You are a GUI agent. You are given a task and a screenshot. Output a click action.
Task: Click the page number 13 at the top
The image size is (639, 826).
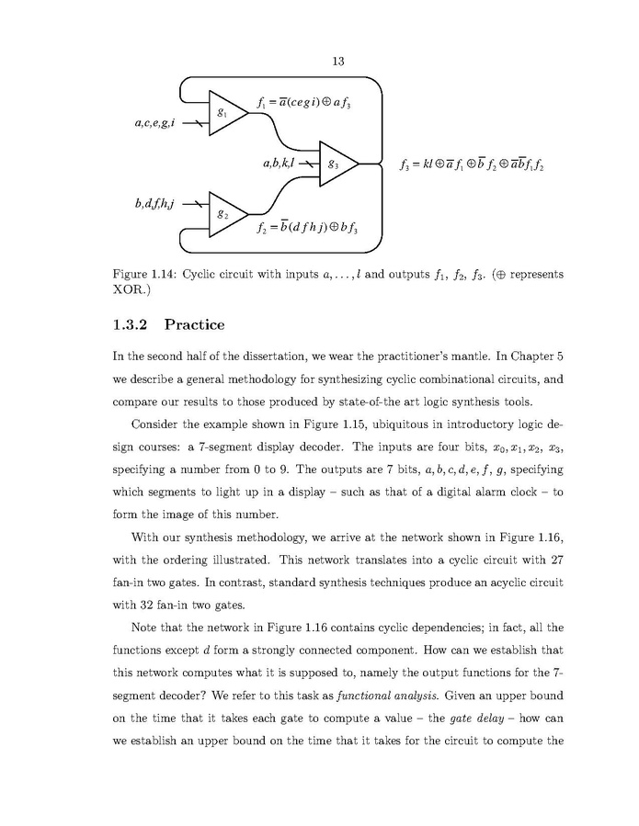pos(337,62)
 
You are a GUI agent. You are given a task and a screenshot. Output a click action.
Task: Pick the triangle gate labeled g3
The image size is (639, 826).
pos(337,164)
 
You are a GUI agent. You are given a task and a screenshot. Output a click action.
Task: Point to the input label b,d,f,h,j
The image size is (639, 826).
pos(154,203)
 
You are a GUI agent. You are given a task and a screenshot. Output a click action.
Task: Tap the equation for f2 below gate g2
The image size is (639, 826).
pos(306,228)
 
